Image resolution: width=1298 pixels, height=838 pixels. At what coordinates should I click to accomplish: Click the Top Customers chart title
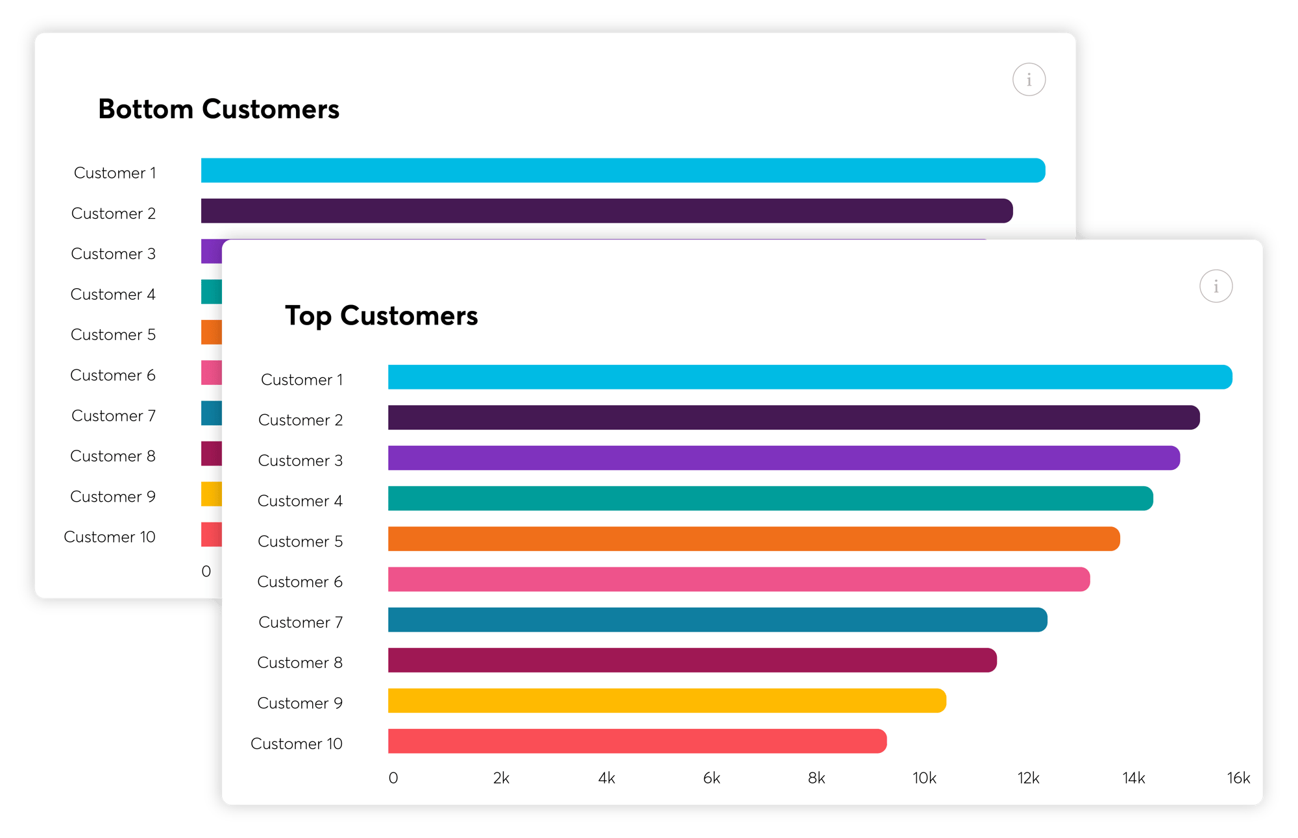click(381, 316)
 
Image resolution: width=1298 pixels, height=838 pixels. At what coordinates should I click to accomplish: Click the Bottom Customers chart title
click(219, 109)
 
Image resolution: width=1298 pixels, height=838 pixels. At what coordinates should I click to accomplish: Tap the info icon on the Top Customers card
click(1216, 286)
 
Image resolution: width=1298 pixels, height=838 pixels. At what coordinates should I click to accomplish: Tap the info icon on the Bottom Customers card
click(1029, 80)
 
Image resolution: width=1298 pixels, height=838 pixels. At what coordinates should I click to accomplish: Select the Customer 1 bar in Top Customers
click(809, 377)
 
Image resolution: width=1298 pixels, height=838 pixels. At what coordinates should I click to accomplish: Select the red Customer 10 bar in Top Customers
click(637, 741)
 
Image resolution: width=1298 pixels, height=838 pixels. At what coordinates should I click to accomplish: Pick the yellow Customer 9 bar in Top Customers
click(667, 701)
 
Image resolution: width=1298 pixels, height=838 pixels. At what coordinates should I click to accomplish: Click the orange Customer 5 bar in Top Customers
click(753, 539)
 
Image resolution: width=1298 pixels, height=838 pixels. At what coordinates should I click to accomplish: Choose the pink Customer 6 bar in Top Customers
click(739, 580)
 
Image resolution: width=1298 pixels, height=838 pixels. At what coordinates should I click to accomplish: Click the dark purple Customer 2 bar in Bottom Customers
click(606, 211)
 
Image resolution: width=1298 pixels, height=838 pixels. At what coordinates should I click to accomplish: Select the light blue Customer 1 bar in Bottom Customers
click(622, 171)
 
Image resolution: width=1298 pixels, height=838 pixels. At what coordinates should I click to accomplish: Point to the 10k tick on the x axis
click(924, 778)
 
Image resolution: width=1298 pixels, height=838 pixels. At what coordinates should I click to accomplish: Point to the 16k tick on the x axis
click(1238, 778)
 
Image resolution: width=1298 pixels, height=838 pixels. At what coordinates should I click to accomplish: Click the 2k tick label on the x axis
click(501, 778)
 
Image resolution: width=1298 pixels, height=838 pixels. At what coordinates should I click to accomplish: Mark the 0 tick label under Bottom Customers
click(206, 571)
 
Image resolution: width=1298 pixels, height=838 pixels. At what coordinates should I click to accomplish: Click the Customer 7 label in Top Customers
click(300, 622)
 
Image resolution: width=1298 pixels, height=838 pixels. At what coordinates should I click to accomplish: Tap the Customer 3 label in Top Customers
click(300, 461)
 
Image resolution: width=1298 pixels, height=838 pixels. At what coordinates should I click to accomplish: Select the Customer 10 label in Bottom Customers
click(110, 537)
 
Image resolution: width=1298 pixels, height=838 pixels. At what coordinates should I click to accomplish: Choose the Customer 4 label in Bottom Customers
click(113, 295)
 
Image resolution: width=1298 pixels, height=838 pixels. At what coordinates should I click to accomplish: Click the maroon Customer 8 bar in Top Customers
click(692, 660)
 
